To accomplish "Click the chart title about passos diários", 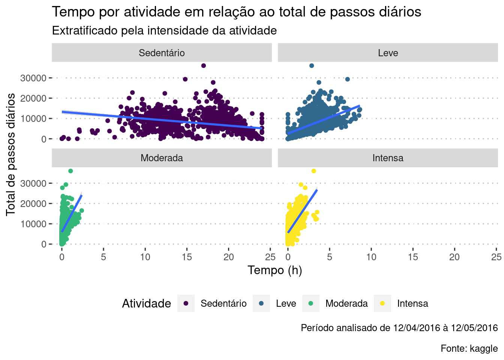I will (236, 12).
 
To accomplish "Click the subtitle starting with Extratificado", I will (164, 31).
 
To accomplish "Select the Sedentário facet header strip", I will (162, 53).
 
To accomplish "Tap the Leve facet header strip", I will (388, 53).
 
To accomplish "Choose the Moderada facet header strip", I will (162, 158).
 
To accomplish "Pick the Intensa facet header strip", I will (388, 158).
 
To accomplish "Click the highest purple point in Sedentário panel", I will (204, 66).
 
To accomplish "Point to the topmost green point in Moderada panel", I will (70, 171).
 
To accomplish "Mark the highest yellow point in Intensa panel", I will (313, 171).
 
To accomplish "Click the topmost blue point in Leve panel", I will (311, 66).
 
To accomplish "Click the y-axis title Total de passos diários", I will (11, 154).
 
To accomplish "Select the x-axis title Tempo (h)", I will (274, 270).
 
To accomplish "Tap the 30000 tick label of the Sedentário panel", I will (33, 78).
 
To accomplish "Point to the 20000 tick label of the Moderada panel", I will (33, 204).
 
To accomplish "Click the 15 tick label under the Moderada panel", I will (187, 257).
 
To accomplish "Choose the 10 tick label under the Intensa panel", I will (371, 257).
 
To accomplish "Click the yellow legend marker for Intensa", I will (382, 303).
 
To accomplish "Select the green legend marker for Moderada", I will (310, 303).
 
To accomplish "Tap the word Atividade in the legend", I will (147, 303).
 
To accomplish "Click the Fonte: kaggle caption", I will (469, 348).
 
